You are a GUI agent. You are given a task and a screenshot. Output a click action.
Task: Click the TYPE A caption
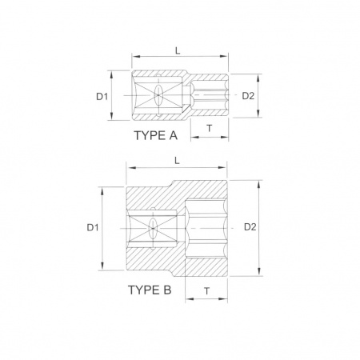click(155, 135)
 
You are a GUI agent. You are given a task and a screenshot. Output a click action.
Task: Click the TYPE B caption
click(150, 290)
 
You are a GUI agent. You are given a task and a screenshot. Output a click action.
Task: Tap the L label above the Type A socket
click(178, 50)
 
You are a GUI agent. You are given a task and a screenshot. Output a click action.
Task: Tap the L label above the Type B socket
click(177, 161)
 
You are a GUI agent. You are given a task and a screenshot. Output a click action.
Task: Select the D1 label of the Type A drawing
click(102, 96)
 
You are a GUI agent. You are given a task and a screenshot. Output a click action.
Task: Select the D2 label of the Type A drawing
click(248, 96)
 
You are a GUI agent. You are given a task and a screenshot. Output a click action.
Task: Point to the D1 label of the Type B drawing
click(93, 227)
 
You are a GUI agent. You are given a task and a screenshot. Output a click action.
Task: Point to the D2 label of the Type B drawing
click(250, 227)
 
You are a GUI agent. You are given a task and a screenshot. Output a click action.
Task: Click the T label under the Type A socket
click(210, 128)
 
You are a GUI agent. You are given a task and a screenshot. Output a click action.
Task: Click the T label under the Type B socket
click(207, 291)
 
